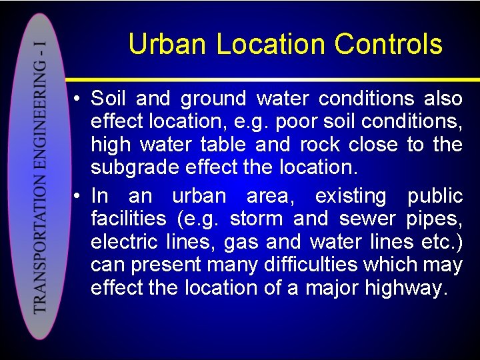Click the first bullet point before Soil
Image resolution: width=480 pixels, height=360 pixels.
[x=78, y=99]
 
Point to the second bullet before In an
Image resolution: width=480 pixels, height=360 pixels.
[x=78, y=197]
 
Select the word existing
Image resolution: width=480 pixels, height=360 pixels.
[x=350, y=196]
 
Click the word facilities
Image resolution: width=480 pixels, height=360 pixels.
[x=128, y=219]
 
